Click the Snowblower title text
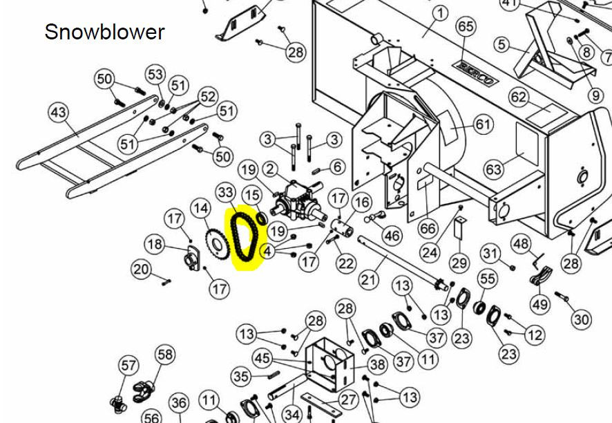point(104,32)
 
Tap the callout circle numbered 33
point(226,193)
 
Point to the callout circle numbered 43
point(58,113)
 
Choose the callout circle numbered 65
point(466,26)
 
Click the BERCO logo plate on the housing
point(477,73)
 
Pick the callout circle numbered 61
point(484,124)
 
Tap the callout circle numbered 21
point(369,280)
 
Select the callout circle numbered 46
point(392,236)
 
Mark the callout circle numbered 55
point(488,279)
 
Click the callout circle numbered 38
point(377,364)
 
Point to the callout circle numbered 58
point(164,355)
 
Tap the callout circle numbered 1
point(440,14)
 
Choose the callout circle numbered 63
point(494,169)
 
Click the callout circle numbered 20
point(141,269)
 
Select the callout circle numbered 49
point(540,304)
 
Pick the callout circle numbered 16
point(361,203)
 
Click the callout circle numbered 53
point(155,74)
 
